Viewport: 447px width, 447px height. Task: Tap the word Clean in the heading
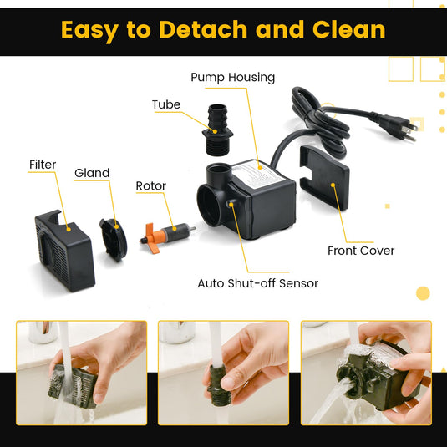[349, 29]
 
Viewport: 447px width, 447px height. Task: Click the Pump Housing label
[232, 78]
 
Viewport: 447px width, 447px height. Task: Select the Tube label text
[166, 104]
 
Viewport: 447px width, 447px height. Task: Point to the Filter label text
[43, 165]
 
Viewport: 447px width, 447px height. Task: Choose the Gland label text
[92, 173]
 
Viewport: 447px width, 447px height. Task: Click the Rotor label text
[150, 185]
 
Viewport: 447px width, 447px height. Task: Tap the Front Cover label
[361, 251]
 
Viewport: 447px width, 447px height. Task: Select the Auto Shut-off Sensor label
[257, 283]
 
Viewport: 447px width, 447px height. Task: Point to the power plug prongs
[410, 130]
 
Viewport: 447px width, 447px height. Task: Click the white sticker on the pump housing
[258, 175]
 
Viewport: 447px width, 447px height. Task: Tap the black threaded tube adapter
[217, 130]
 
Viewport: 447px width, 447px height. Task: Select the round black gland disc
[113, 240]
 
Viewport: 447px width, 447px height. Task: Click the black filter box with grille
[64, 251]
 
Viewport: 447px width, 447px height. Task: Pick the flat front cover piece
[324, 176]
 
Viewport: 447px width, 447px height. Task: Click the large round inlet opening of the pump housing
[209, 206]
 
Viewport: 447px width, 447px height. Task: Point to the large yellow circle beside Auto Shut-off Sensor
[423, 293]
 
